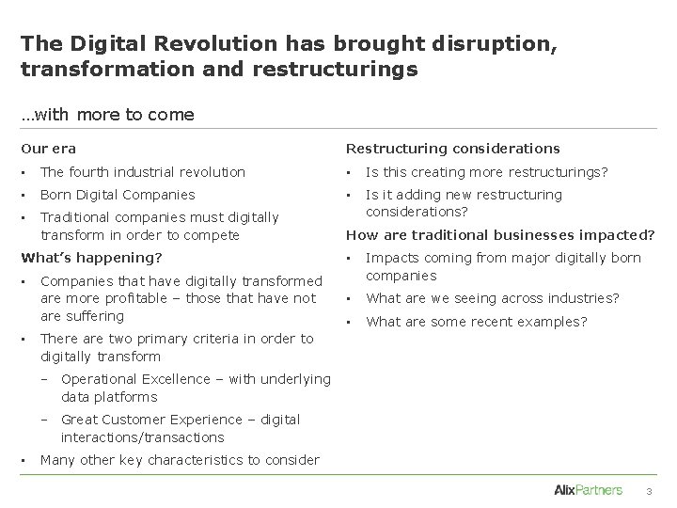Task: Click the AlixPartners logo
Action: pyautogui.click(x=589, y=489)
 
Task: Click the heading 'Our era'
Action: pyautogui.click(x=49, y=149)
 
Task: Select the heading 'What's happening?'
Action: pyautogui.click(x=92, y=257)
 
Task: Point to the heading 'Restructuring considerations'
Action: pyautogui.click(x=453, y=149)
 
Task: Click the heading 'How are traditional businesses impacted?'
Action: pyautogui.click(x=500, y=235)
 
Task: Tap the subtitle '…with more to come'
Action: pyautogui.click(x=108, y=115)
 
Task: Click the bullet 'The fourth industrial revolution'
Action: pyautogui.click(x=143, y=172)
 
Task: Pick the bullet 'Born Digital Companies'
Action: pyautogui.click(x=118, y=195)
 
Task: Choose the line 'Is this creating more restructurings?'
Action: pyautogui.click(x=487, y=172)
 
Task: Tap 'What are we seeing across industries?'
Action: pyautogui.click(x=493, y=298)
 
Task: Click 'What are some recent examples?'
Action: pyautogui.click(x=477, y=322)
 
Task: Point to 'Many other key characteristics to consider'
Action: pyautogui.click(x=181, y=460)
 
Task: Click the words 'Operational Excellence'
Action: pyautogui.click(x=135, y=379)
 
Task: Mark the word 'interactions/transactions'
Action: pyautogui.click(x=143, y=437)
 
